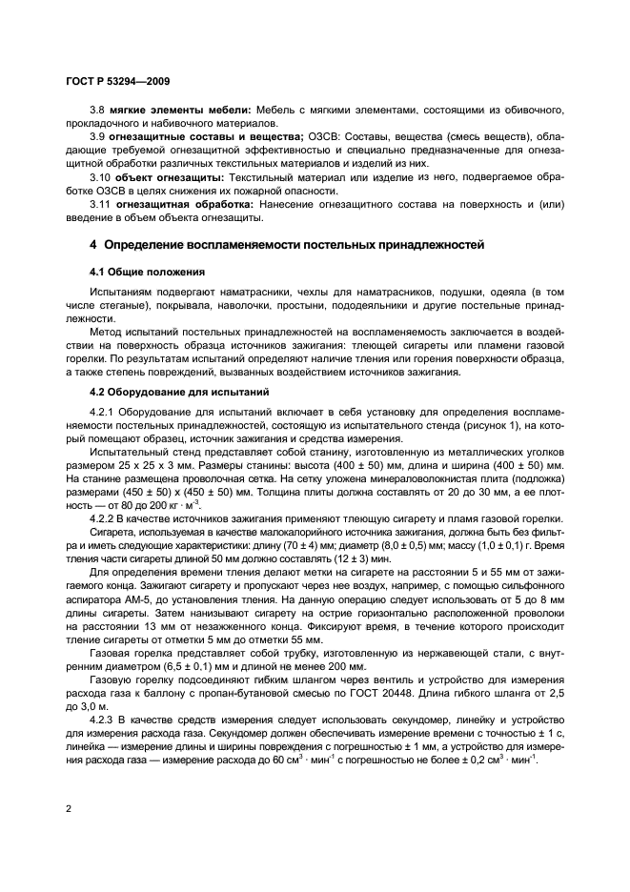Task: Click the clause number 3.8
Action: [97, 111]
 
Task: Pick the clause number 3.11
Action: [100, 203]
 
